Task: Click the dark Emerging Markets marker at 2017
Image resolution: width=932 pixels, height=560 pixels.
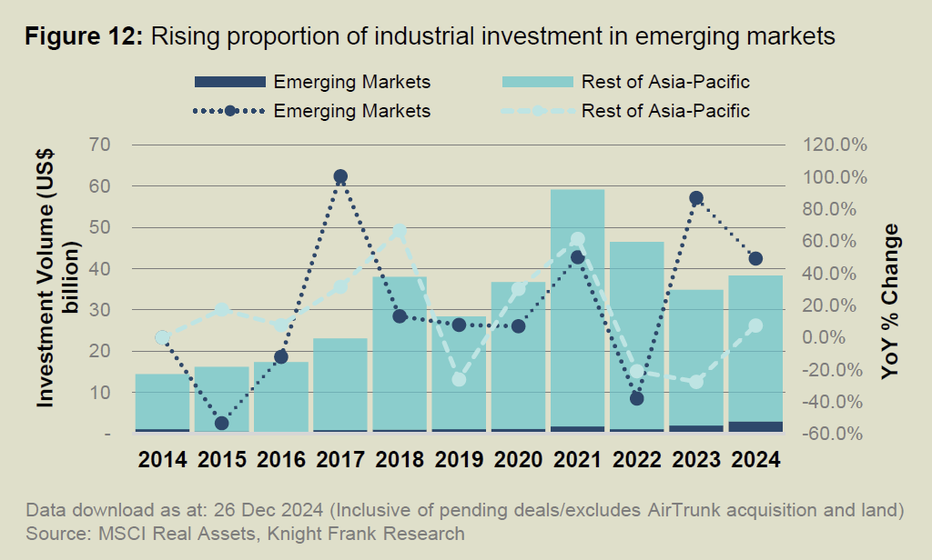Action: (x=340, y=176)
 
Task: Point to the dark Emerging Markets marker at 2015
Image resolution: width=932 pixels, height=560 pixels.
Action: (x=221, y=423)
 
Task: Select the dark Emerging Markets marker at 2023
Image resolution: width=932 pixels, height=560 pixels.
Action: (x=696, y=198)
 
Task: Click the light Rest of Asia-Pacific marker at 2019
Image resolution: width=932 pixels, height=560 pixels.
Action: (x=459, y=379)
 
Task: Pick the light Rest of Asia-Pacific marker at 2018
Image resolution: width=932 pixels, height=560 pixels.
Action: (x=400, y=231)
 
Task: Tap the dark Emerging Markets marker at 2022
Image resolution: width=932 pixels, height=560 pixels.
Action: (x=636, y=398)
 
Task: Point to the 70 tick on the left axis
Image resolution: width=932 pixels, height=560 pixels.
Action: (x=99, y=145)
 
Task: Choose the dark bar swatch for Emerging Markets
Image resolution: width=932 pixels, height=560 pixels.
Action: (x=229, y=82)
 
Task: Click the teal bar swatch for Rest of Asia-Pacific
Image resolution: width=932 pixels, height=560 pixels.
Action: (x=537, y=82)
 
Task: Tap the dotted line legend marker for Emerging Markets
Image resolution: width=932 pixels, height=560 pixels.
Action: (x=229, y=111)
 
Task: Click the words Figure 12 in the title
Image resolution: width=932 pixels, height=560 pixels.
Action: (x=83, y=37)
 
